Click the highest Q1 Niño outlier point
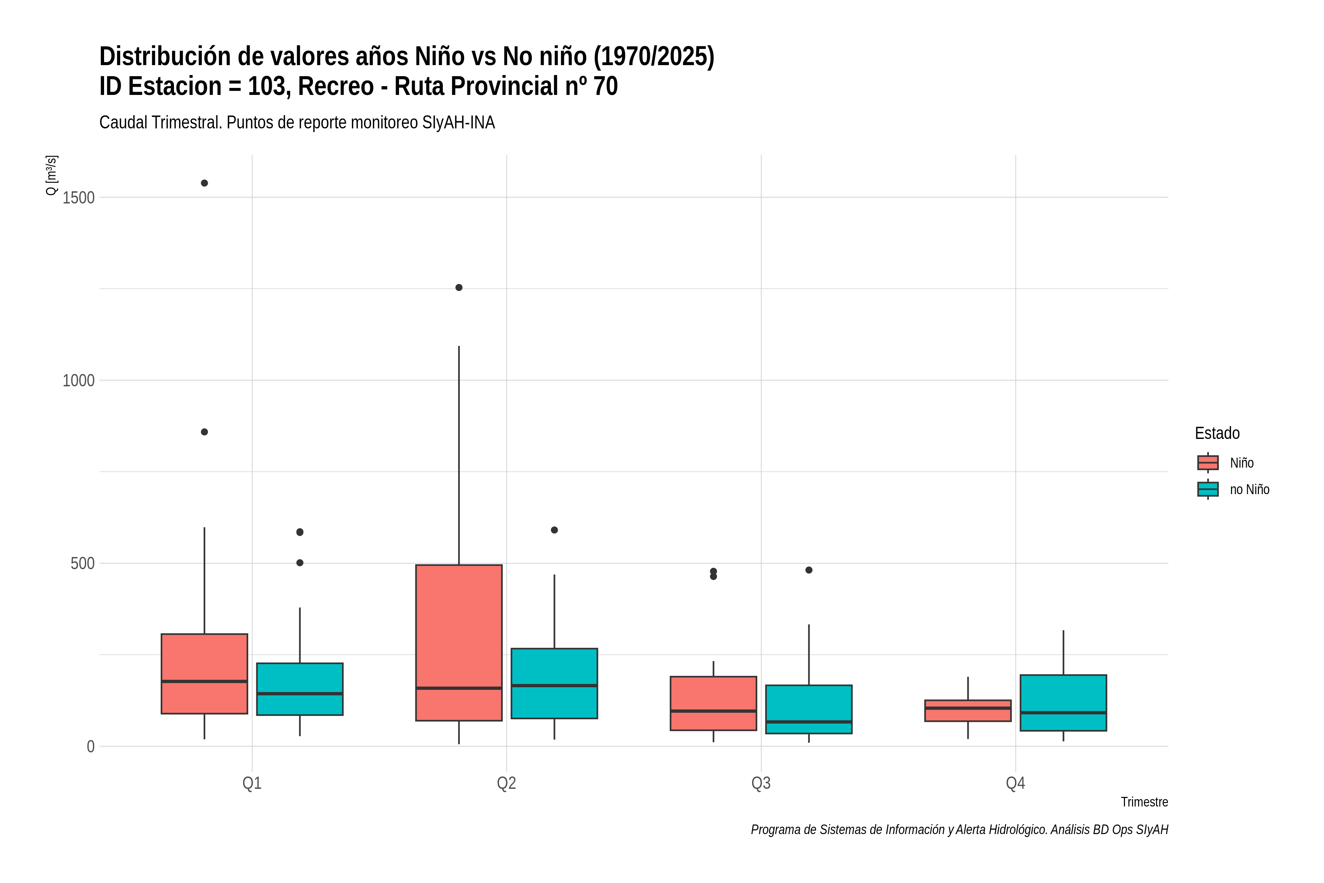coord(204,183)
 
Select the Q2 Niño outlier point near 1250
coord(459,288)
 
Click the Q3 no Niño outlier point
coord(809,570)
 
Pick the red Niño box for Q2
coord(459,642)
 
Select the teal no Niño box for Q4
coord(1063,703)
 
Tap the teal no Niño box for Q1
coord(300,689)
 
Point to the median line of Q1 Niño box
coord(204,681)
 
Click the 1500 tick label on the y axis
coord(78,198)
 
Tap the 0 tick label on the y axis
coord(90,747)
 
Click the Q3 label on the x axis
coord(761,783)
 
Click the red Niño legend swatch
coord(1208,462)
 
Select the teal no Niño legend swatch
coord(1208,489)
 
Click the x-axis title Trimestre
coord(1145,802)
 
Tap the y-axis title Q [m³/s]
coord(51,175)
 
